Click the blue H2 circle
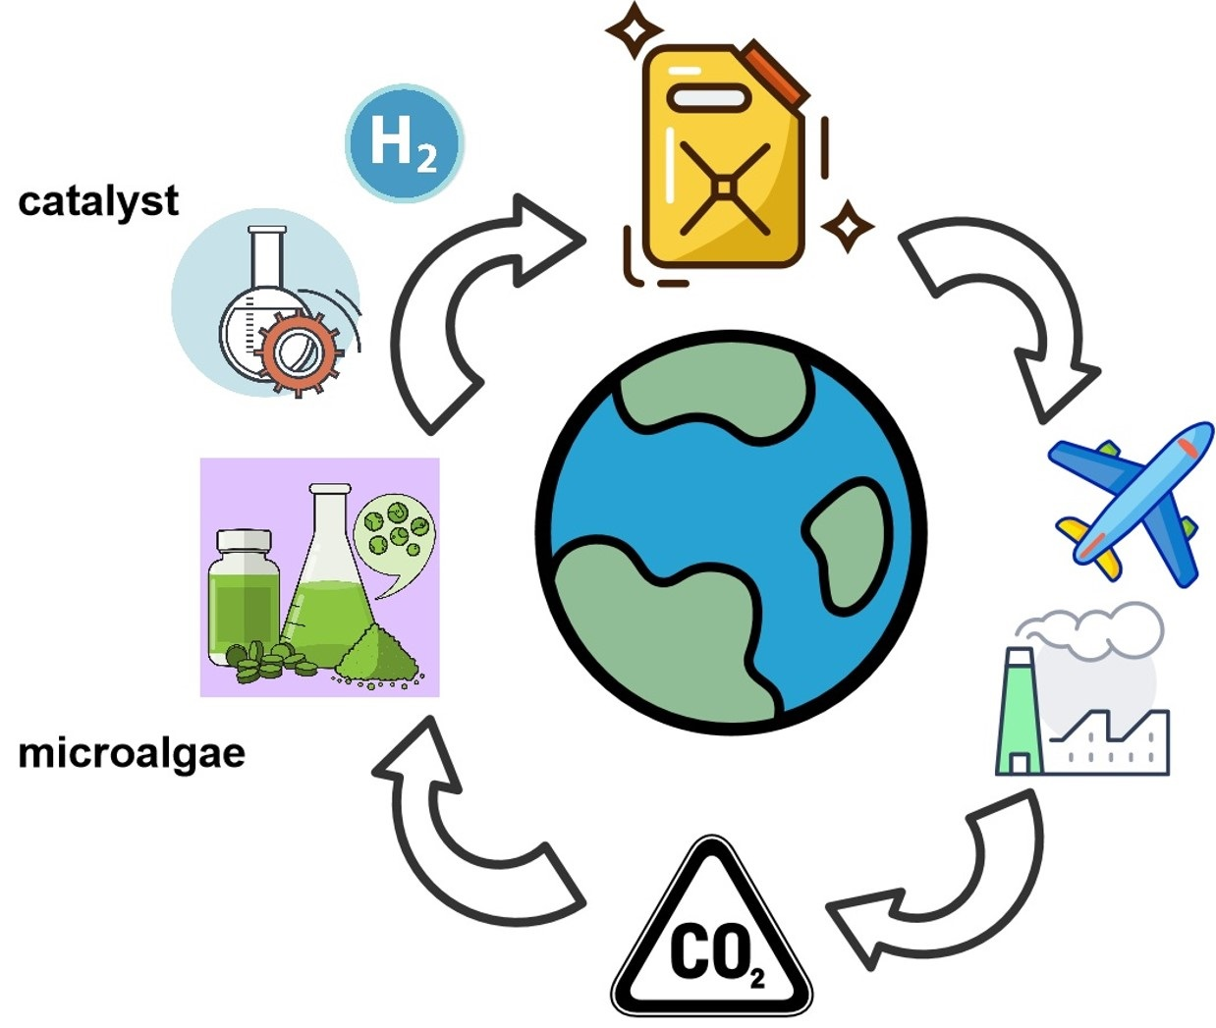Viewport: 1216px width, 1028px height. [x=404, y=143]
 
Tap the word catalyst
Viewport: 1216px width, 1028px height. [x=98, y=201]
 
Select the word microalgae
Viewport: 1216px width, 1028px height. [x=132, y=754]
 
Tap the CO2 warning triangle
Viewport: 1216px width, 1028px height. [x=712, y=938]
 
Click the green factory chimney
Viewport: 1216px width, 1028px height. [x=1019, y=712]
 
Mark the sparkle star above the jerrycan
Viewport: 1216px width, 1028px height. [x=634, y=29]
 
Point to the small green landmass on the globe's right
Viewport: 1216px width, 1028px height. [x=845, y=540]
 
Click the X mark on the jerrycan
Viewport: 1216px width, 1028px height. [x=724, y=187]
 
